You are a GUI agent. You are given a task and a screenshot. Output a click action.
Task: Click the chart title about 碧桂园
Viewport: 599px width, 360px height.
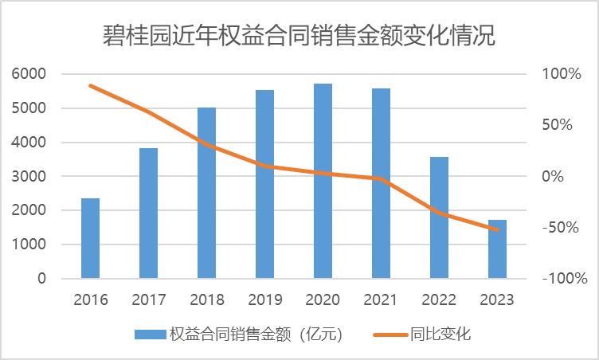(299, 36)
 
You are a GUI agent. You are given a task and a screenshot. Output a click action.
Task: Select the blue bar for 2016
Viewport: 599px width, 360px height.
(90, 238)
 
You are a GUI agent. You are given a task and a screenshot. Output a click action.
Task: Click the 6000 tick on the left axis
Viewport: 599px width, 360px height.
(29, 74)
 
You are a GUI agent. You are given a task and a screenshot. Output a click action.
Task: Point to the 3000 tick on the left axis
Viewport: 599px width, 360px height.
(29, 177)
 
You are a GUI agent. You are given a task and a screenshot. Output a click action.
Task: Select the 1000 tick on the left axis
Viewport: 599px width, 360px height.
(29, 245)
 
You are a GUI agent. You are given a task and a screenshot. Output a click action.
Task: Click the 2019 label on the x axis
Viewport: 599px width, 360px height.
(264, 300)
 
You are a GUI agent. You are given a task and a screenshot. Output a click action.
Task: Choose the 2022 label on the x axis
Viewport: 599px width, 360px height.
(439, 300)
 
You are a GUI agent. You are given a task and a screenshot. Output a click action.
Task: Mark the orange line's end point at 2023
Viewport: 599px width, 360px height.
(497, 229)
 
